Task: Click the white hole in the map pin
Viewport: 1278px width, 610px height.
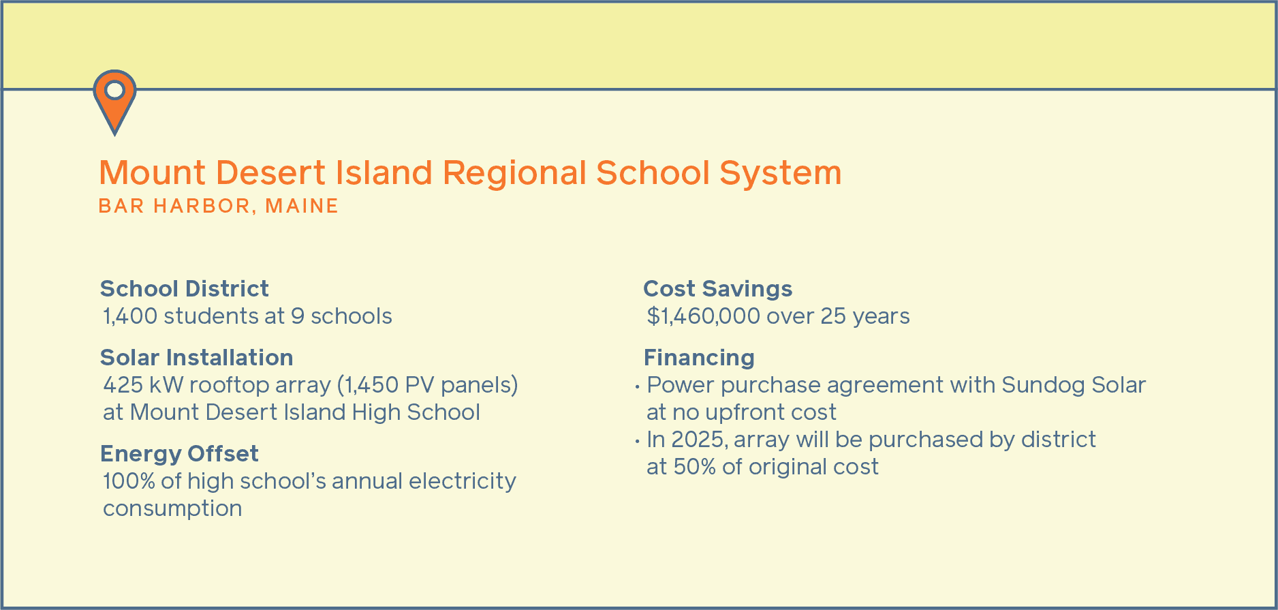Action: click(114, 90)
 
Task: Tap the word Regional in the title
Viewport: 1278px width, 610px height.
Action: click(514, 173)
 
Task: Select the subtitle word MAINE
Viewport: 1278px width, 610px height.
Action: click(302, 206)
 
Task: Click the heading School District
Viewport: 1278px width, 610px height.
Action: click(184, 289)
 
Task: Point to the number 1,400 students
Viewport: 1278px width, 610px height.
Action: click(130, 316)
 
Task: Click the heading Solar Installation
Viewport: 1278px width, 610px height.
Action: click(196, 358)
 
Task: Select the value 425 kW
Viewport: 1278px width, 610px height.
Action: click(142, 385)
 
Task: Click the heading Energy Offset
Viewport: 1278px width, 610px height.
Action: click(179, 454)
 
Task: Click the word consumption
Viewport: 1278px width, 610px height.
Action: click(172, 508)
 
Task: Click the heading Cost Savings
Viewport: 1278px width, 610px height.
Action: click(717, 289)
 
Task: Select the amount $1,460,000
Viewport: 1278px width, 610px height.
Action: click(703, 316)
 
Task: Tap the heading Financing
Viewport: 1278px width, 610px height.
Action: click(699, 358)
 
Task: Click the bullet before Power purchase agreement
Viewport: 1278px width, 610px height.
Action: click(637, 387)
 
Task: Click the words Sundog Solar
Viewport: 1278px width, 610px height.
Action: click(1074, 385)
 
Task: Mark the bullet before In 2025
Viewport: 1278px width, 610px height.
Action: click(637, 442)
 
